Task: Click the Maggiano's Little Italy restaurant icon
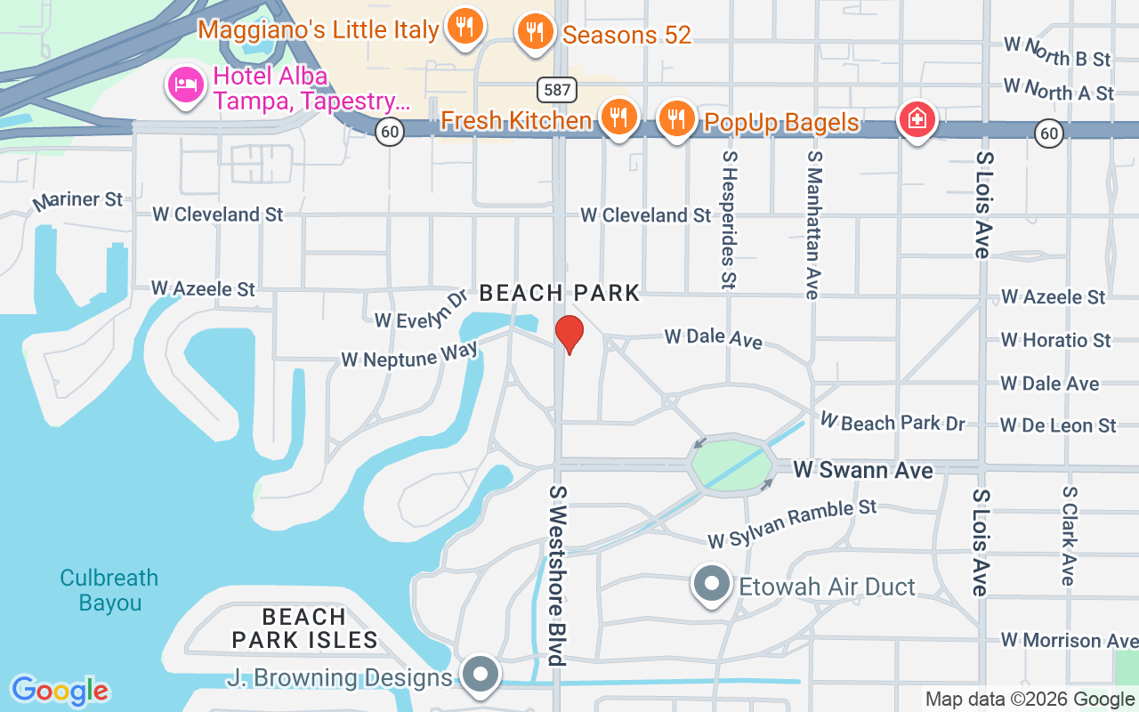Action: coord(464,27)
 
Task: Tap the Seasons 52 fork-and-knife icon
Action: coord(534,32)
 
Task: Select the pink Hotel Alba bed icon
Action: coord(186,85)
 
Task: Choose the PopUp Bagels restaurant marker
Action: coord(677,117)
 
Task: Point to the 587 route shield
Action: coord(556,89)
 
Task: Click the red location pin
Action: coord(569,334)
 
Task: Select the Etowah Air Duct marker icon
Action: coord(711,584)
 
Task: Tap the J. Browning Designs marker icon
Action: coord(481,674)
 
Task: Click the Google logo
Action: coord(60,691)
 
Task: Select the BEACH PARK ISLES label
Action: coord(304,628)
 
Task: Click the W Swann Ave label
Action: coord(862,470)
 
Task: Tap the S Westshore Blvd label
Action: coord(557,575)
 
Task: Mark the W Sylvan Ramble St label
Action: coord(792,523)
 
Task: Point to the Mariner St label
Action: coord(77,201)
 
